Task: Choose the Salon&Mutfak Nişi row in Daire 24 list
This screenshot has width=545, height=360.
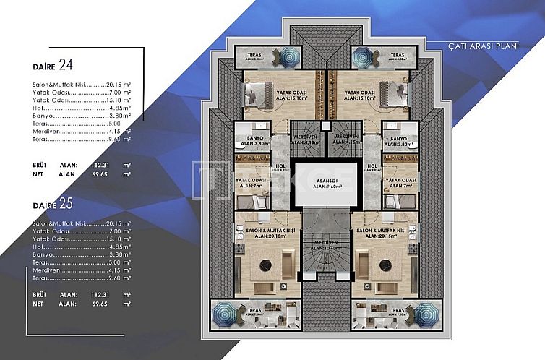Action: point(72,84)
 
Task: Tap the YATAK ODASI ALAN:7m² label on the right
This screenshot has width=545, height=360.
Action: point(400,181)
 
